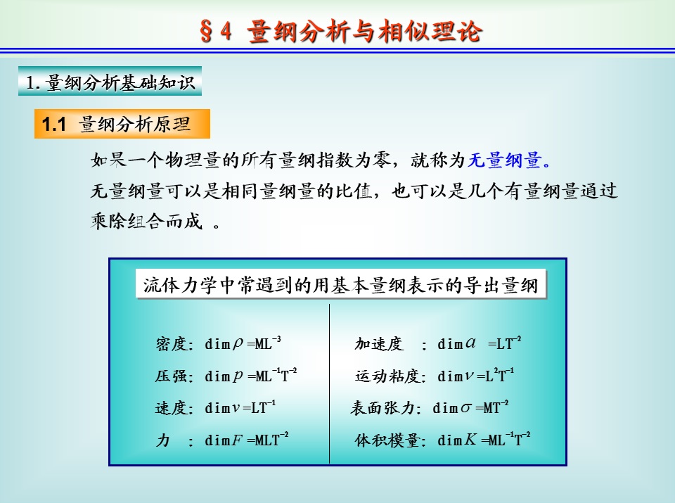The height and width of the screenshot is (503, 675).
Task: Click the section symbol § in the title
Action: (206, 31)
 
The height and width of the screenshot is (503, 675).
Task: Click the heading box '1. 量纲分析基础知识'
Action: (110, 81)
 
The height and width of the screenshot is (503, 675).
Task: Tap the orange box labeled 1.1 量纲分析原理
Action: (122, 124)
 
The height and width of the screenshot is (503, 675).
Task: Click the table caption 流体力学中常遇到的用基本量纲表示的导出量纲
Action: (341, 285)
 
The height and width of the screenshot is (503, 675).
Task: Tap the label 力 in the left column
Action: (162, 440)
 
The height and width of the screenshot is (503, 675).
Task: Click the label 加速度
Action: (379, 344)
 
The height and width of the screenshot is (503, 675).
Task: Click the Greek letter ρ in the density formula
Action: (238, 344)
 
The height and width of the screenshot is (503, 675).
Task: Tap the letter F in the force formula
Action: (237, 440)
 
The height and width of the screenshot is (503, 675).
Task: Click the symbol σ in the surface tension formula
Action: (465, 408)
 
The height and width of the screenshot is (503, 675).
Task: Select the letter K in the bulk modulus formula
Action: (470, 439)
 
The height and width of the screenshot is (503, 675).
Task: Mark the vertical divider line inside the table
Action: (329, 383)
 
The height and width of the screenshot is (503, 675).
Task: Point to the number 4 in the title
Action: (226, 31)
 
